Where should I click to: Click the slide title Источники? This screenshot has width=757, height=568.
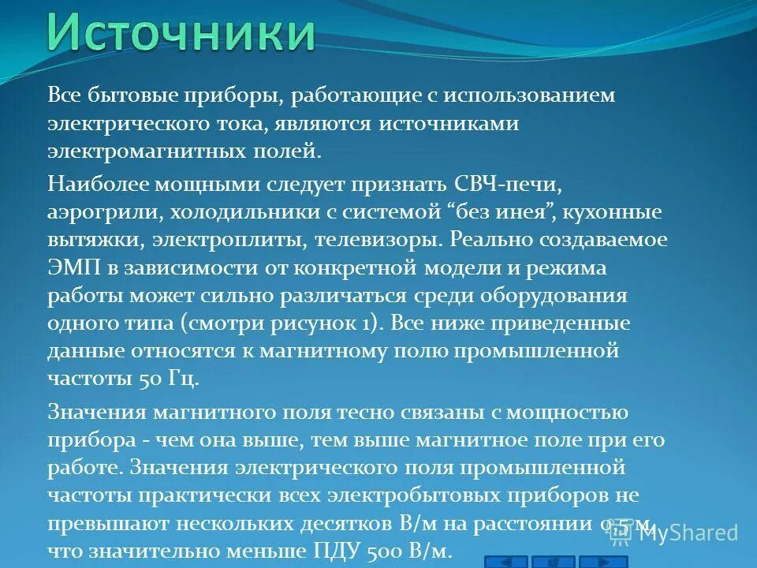click(180, 33)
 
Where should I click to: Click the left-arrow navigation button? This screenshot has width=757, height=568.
click(505, 561)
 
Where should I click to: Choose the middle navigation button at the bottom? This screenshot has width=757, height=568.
click(553, 561)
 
